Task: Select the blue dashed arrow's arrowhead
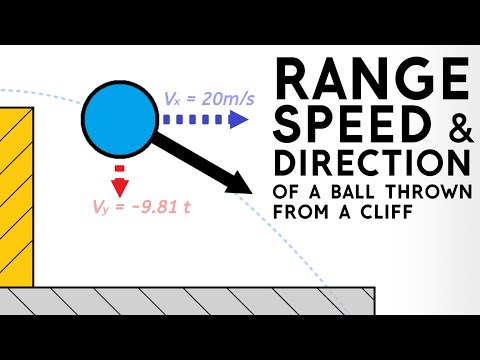pyautogui.click(x=240, y=120)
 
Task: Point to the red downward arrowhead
pyautogui.click(x=120, y=187)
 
